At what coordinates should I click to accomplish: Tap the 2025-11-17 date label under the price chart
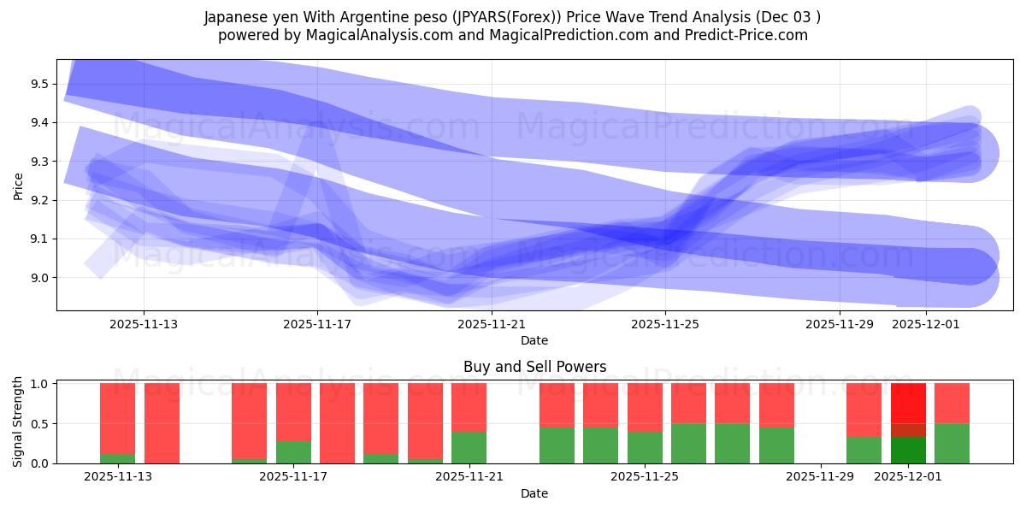[x=317, y=324]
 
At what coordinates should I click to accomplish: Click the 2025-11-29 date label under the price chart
[x=840, y=324]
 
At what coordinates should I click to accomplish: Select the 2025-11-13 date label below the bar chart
[x=118, y=477]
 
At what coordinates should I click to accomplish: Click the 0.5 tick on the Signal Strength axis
[x=40, y=424]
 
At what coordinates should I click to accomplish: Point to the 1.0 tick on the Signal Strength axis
[x=40, y=384]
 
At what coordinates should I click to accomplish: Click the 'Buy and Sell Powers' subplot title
[x=534, y=367]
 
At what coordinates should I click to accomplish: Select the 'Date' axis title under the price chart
[x=534, y=340]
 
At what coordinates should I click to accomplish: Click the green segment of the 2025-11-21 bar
[x=469, y=447]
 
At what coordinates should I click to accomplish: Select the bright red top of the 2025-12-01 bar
[x=908, y=402]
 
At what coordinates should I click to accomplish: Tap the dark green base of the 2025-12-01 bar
[x=908, y=451]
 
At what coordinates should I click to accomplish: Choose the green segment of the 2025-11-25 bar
[x=645, y=447]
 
